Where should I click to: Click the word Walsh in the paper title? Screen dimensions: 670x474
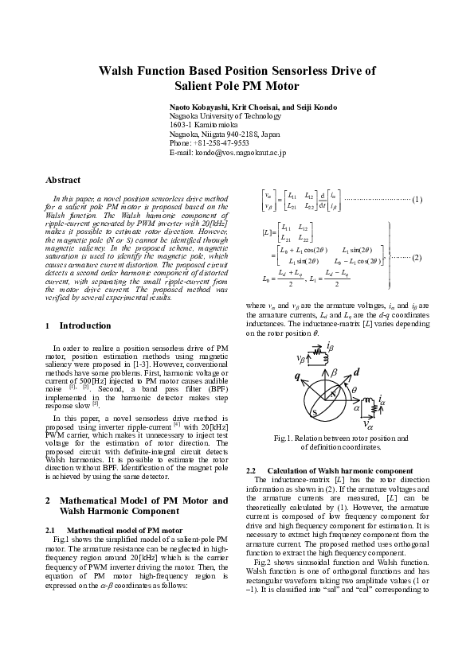pos(119,71)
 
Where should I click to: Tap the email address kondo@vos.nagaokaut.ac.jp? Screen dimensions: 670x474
pos(240,151)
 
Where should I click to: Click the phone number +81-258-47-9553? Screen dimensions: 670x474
pos(221,142)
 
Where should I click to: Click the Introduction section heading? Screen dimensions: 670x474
pos(84,325)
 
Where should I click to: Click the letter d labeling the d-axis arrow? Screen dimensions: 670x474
pos(357,372)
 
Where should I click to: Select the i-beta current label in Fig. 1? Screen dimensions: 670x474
pos(329,347)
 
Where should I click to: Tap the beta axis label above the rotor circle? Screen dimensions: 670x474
pos(335,372)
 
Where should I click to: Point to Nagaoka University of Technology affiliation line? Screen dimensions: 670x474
pos(225,115)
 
